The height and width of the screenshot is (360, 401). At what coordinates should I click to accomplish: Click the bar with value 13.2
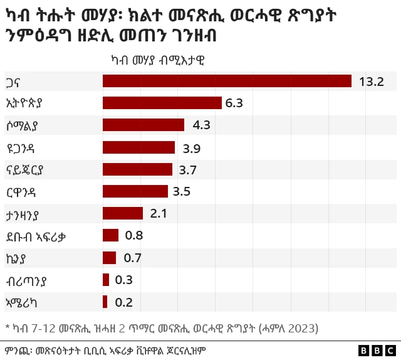(x=227, y=81)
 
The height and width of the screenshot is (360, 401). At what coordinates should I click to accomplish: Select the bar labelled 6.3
(x=162, y=103)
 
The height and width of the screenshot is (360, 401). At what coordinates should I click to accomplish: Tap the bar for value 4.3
(x=143, y=125)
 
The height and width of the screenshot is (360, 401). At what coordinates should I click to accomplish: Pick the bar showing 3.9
(x=138, y=147)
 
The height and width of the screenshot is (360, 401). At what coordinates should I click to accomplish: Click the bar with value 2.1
(x=123, y=213)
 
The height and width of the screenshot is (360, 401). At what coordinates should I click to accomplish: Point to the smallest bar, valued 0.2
(x=105, y=302)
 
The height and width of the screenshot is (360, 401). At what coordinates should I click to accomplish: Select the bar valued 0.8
(x=110, y=235)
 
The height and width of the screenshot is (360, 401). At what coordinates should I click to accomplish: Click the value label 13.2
(x=372, y=82)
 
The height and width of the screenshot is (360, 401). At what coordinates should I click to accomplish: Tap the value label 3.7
(x=188, y=169)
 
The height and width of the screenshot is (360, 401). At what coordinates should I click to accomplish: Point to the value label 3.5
(x=182, y=191)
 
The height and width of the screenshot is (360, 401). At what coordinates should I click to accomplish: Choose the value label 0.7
(x=132, y=258)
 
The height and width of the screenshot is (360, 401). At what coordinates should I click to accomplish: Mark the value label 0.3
(x=123, y=280)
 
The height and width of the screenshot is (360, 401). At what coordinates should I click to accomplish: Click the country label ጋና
(x=14, y=82)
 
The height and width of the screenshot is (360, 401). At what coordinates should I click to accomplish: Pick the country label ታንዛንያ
(x=25, y=213)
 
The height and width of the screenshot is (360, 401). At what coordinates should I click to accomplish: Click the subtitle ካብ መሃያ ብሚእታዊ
(x=157, y=60)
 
